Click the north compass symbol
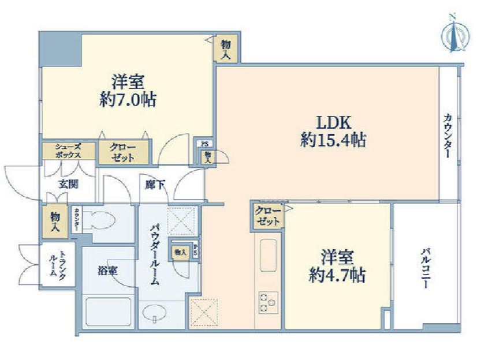pos(454,36)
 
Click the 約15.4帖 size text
pos(333,140)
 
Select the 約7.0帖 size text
pos(127,99)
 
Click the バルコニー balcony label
pos(427,268)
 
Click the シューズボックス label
pos(68,151)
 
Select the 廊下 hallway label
pos(155,185)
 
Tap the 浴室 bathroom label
pos(107,269)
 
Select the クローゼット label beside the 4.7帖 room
pos(267,216)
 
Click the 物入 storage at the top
pos(226,50)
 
